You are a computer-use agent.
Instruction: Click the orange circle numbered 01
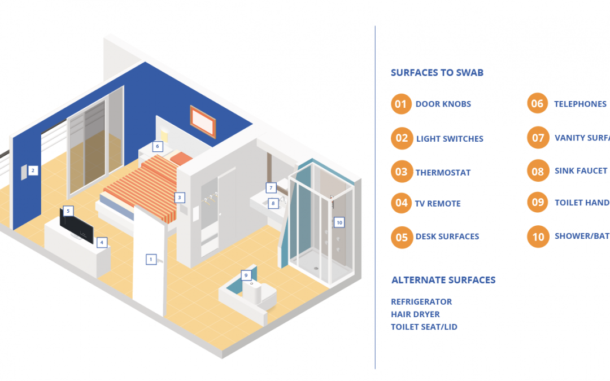tap(400, 104)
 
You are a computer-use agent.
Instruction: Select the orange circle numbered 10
tap(538, 237)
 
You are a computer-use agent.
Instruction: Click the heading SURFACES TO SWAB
tap(437, 73)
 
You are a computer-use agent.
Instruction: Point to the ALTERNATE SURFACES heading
tap(443, 280)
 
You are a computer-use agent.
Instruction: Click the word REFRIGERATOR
tap(421, 302)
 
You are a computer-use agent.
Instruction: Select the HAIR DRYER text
tap(415, 314)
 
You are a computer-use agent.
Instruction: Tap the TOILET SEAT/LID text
tap(424, 327)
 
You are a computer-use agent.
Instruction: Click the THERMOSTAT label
tap(443, 173)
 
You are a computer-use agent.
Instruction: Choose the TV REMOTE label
tap(438, 204)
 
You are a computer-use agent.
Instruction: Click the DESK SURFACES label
tap(447, 237)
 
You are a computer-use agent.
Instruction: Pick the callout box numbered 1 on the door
tap(151, 260)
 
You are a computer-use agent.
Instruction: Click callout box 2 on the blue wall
tap(33, 170)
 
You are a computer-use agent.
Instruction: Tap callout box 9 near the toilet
tap(246, 275)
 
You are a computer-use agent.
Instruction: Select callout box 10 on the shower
tap(339, 222)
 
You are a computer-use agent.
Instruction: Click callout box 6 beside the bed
tap(158, 147)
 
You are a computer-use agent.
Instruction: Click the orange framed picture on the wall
tap(203, 121)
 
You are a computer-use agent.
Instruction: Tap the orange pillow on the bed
tap(182, 159)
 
